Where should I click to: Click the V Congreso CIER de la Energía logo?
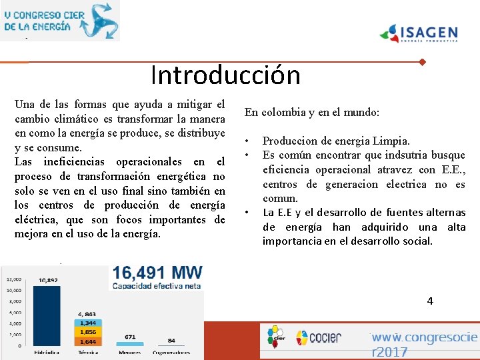(x=60, y=20)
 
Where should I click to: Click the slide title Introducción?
(x=225, y=75)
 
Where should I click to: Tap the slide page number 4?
(x=430, y=301)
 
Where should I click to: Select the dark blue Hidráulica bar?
(x=46, y=313)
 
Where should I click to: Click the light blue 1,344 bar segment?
(x=88, y=323)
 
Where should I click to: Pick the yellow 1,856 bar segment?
(x=88, y=332)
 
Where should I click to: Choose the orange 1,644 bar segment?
(x=88, y=341)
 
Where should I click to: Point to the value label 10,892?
(x=47, y=280)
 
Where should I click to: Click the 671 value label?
(x=130, y=337)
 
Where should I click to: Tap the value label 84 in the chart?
(x=171, y=341)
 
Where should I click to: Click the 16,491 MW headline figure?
(x=157, y=273)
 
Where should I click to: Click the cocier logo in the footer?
(x=319, y=337)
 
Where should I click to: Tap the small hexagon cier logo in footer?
(x=275, y=336)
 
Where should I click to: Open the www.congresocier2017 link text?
(x=424, y=344)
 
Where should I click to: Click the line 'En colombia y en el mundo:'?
(x=312, y=113)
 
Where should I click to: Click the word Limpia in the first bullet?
(x=392, y=141)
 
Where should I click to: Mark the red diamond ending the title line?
(x=422, y=62)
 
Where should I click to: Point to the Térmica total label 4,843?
(x=88, y=313)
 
